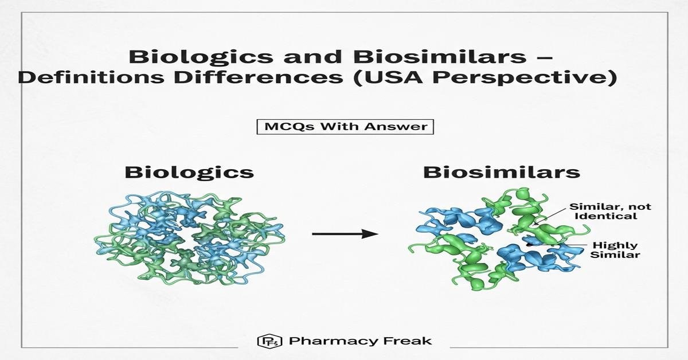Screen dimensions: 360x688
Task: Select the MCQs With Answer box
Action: click(345, 127)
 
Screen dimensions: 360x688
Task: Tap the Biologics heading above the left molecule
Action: click(189, 173)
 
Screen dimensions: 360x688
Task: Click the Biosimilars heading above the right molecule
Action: click(502, 173)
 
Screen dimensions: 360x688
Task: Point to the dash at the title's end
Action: click(545, 58)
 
